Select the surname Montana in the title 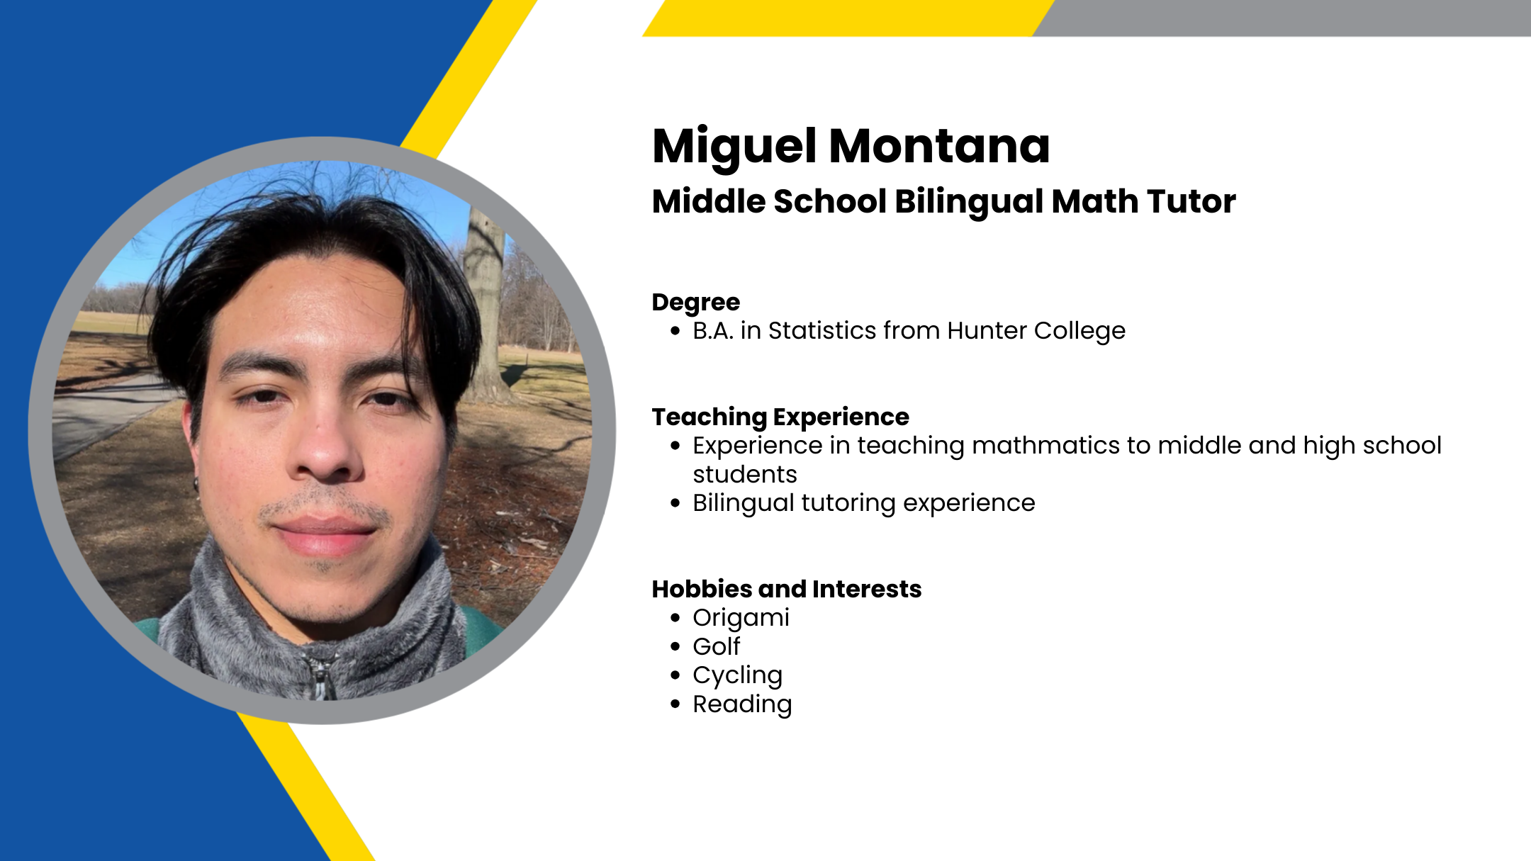coord(939,147)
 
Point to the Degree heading coord(696,303)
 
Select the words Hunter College coord(1036,331)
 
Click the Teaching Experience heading coord(780,417)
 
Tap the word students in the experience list coord(745,474)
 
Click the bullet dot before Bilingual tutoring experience coord(675,503)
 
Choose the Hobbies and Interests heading coord(787,589)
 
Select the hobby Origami coord(741,619)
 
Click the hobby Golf coord(717,646)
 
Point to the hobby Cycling coord(738,676)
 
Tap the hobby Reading coord(742,705)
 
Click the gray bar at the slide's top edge coord(1282,18)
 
